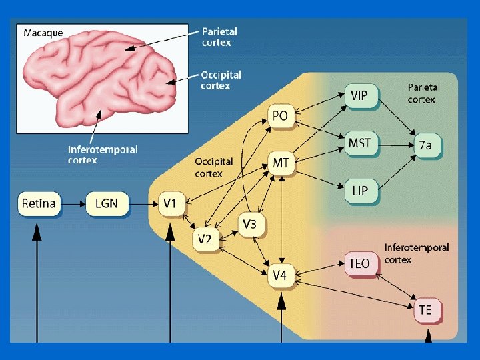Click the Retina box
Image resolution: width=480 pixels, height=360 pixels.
point(39,203)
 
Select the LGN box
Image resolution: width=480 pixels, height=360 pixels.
point(106,203)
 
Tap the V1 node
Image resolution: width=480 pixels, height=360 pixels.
point(171,203)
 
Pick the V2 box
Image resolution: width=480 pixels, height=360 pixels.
point(205,239)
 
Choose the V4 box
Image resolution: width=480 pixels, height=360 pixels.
point(281,275)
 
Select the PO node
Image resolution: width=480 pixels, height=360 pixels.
point(281,117)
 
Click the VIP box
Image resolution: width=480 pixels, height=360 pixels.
point(359,96)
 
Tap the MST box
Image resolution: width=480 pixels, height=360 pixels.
point(359,143)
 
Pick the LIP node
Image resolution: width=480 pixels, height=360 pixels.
point(359,192)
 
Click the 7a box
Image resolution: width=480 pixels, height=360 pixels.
point(426,145)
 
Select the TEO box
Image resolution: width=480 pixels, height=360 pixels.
point(359,263)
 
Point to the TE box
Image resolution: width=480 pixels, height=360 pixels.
point(425,310)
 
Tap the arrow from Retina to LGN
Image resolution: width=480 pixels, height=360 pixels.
point(73,203)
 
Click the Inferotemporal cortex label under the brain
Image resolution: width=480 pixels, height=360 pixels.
point(102,155)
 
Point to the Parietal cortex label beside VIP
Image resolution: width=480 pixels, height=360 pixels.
point(423,93)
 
